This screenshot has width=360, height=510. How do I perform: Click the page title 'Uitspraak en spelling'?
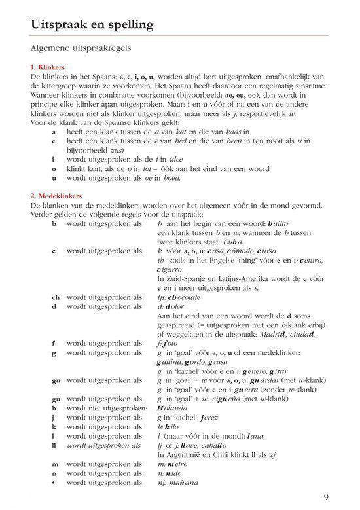tap(92, 25)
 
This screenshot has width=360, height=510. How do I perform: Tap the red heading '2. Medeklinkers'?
tap(60, 196)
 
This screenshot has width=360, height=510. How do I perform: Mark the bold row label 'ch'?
tap(56, 297)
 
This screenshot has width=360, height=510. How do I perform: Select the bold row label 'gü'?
tap(56, 399)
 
